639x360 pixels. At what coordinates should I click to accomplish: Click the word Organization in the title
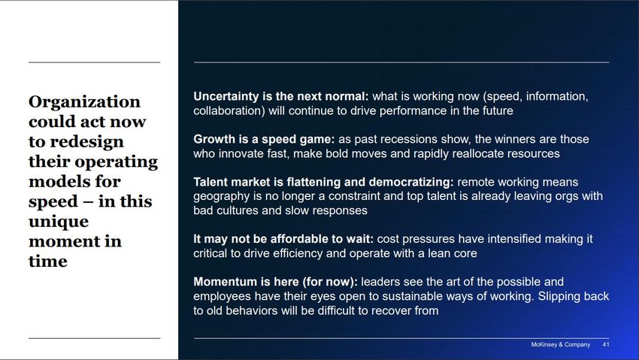84,101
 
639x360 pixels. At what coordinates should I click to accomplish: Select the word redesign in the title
86,142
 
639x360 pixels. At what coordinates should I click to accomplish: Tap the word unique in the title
59,222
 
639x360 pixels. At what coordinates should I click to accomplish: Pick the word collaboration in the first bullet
227,110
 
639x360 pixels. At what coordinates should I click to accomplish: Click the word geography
222,197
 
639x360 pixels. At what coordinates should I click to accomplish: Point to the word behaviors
249,310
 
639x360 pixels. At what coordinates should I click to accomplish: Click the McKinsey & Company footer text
560,344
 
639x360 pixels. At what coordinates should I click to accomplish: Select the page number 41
606,344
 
